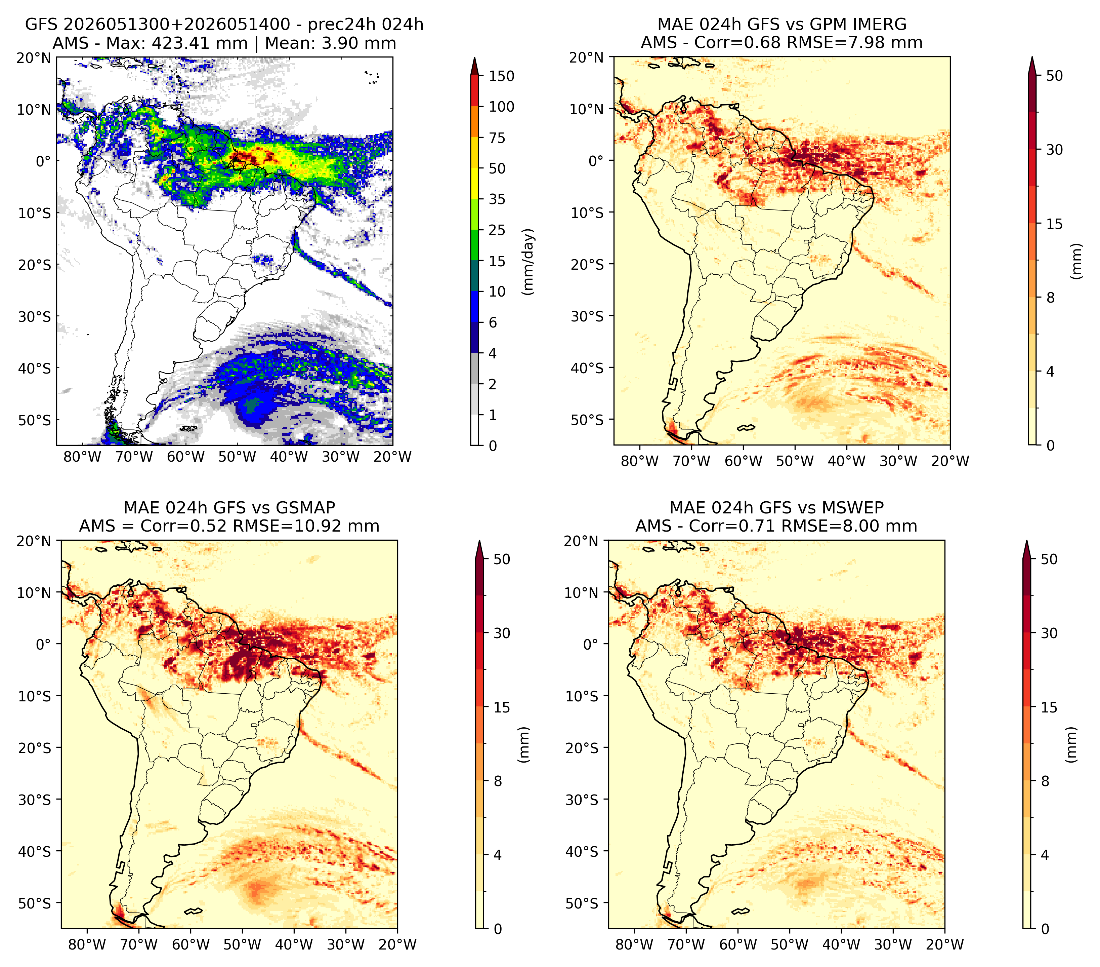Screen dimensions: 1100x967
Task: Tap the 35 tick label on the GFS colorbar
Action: click(497, 199)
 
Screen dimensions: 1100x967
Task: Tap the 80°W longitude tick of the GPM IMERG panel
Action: click(640, 461)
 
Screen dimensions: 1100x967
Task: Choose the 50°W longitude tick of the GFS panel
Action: click(237, 457)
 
